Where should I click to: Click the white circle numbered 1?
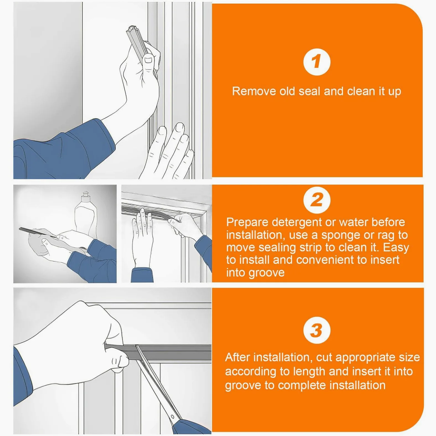click(x=317, y=62)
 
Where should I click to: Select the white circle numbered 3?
click(x=317, y=330)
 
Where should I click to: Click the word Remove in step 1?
click(x=254, y=91)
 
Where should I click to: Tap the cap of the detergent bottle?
click(x=86, y=195)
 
